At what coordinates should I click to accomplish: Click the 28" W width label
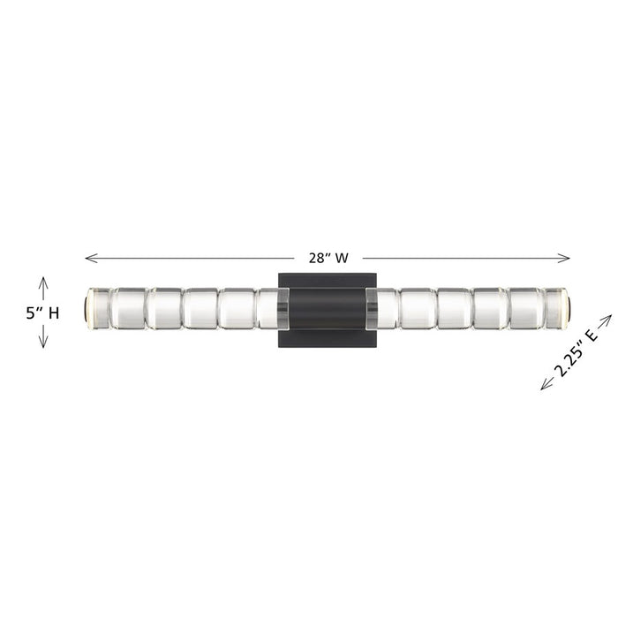(328, 259)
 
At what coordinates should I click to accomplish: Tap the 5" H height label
(42, 313)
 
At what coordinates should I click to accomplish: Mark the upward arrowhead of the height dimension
(42, 281)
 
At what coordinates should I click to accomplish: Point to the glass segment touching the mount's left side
(270, 308)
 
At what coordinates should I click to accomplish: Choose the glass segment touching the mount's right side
(382, 308)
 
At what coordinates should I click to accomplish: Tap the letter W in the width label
(342, 259)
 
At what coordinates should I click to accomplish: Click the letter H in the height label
(54, 313)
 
